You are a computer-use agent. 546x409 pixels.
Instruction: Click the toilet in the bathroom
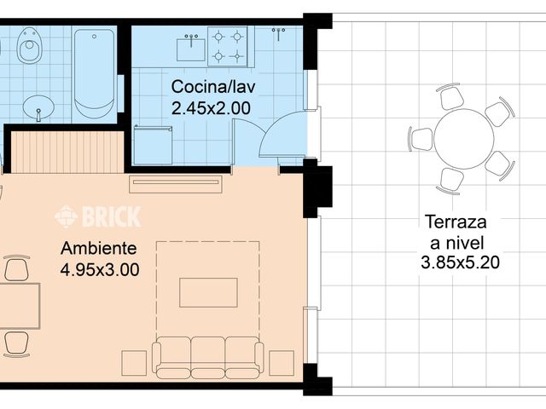coord(29,46)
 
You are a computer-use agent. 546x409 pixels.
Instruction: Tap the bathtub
coord(94,74)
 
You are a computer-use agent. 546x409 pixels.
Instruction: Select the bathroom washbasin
coord(38,107)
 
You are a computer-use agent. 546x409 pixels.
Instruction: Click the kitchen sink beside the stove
coord(191,48)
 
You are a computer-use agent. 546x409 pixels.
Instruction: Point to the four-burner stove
coord(228,46)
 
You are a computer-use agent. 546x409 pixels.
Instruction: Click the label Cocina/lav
coord(213,87)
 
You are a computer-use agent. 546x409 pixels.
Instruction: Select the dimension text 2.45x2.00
coord(211,108)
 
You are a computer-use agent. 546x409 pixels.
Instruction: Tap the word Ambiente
coord(99,248)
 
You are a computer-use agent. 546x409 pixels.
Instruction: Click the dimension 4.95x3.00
coord(100,269)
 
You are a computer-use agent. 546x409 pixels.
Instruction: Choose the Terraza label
coord(456,222)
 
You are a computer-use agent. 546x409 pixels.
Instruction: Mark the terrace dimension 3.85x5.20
coord(460,262)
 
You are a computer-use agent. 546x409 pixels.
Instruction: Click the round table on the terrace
coord(464,139)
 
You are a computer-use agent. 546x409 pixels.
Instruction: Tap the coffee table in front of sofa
coord(208,292)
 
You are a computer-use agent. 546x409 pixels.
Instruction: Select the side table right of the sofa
coord(282,363)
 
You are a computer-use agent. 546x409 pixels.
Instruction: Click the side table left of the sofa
coord(134,363)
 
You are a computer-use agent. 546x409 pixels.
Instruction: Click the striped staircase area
coord(67,152)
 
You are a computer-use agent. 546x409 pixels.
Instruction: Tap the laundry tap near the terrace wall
coord(279,34)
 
